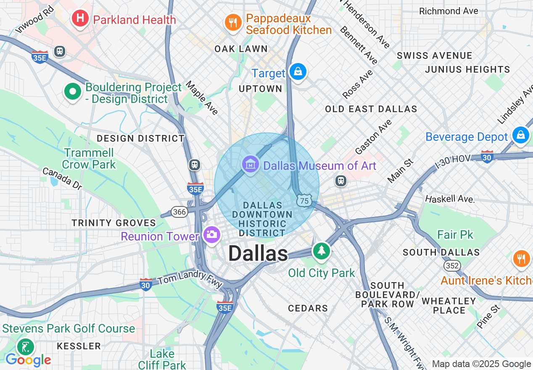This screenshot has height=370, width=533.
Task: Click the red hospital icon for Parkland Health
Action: pyautogui.click(x=80, y=18)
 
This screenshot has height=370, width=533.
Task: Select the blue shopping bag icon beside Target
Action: pyautogui.click(x=298, y=72)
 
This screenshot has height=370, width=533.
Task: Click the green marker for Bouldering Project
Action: pyautogui.click(x=73, y=92)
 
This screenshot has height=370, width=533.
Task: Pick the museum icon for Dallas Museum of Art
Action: pyautogui.click(x=251, y=165)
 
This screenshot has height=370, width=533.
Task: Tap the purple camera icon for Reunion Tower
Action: pyautogui.click(x=211, y=234)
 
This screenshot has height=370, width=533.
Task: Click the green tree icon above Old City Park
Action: pyautogui.click(x=322, y=251)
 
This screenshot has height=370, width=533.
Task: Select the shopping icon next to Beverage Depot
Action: pyautogui.click(x=521, y=135)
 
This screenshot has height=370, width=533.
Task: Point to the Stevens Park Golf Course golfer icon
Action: pyautogui.click(x=25, y=347)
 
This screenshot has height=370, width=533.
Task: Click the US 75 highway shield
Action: pyautogui.click(x=304, y=201)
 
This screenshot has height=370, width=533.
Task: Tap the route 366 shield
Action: pyautogui.click(x=179, y=211)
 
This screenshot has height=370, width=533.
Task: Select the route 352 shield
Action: pyautogui.click(x=452, y=265)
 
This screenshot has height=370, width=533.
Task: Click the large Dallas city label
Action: pyautogui.click(x=258, y=254)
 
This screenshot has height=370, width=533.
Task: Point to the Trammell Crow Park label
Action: pyautogui.click(x=89, y=159)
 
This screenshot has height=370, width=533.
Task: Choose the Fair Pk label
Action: pyautogui.click(x=455, y=235)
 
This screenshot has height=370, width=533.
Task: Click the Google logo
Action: pyautogui.click(x=28, y=360)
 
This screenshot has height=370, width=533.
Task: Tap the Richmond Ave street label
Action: pyautogui.click(x=449, y=11)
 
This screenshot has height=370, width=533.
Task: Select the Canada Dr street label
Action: pyautogui.click(x=62, y=178)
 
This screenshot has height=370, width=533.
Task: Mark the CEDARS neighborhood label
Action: pyautogui.click(x=308, y=308)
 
